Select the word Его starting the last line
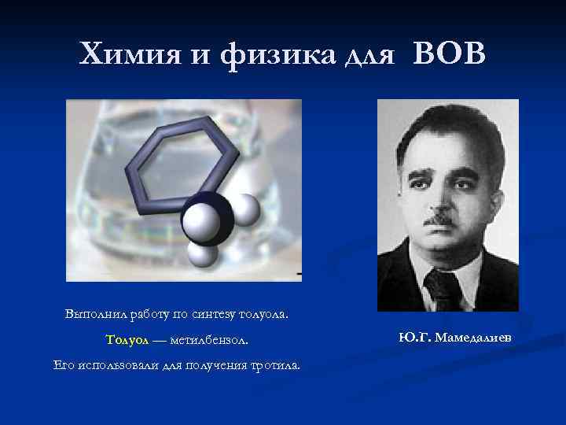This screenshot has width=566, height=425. point(63,365)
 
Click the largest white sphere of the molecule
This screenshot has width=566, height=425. point(200,222)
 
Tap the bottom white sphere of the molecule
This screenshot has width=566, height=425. point(202,253)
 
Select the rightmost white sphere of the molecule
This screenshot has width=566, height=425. point(245,209)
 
